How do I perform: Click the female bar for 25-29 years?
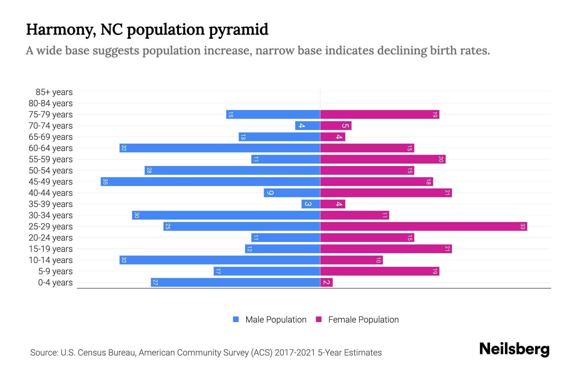pos(423,227)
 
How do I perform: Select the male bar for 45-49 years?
pos(210,182)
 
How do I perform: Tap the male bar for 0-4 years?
pos(236,283)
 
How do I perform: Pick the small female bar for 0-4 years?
pos(326,283)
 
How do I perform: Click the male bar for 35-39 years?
pos(311,204)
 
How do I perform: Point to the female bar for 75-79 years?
pos(380,115)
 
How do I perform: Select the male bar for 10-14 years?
pos(220,260)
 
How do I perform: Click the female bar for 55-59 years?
pos(383,159)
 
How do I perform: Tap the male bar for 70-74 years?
pos(307,126)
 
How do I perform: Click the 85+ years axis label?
pos(54,92)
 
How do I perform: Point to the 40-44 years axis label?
pos(51,193)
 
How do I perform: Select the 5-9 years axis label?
pos(55,271)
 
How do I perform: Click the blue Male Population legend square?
pos(236,319)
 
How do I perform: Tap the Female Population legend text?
pos(363,320)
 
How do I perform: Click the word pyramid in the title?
pos(238,29)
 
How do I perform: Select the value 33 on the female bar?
pos(523,227)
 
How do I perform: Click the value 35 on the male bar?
pos(105,182)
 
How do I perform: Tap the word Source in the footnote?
pos(44,353)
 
